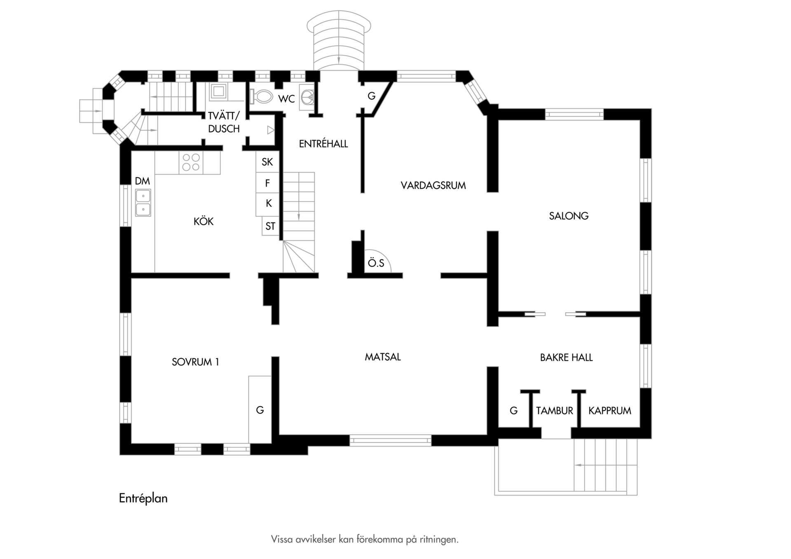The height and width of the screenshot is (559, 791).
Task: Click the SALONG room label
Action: coord(569,216)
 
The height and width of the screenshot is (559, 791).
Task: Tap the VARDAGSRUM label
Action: coord(433,185)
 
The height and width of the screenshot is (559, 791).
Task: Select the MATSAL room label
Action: coord(383,357)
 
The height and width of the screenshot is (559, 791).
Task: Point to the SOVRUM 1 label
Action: coord(195,362)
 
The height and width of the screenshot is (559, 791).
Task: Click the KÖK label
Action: coord(204,221)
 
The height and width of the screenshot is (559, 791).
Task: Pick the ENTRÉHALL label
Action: coord(323,143)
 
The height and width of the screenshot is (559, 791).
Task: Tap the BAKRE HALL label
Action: coord(566,358)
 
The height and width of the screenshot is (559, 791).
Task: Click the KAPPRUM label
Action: coord(610,411)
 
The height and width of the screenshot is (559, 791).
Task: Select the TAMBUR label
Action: coord(555,411)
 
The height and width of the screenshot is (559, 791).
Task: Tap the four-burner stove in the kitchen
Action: coord(191,162)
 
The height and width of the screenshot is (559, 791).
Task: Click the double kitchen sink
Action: coord(143,203)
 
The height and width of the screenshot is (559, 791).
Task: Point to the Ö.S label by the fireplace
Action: coord(376,263)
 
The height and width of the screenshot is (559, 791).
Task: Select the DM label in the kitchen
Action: coord(142,181)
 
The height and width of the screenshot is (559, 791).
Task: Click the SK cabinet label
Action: coord(267,162)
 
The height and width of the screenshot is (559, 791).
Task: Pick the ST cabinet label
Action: coord(270,226)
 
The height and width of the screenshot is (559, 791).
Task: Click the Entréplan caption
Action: coord(143,498)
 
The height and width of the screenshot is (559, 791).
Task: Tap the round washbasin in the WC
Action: coord(307,97)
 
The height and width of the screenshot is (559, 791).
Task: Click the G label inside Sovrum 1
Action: coord(260,410)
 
